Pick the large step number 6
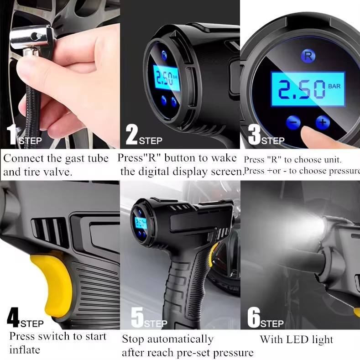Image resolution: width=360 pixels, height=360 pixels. coord(253,318)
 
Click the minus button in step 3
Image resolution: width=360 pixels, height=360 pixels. coord(293,122)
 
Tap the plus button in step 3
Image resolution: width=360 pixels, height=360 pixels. coord(323,122)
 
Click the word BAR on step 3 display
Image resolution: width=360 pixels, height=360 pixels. coord(334,86)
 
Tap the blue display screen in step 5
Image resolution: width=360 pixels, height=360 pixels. coord(140,223)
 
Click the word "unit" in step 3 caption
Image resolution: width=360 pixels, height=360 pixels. coord(333,160)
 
